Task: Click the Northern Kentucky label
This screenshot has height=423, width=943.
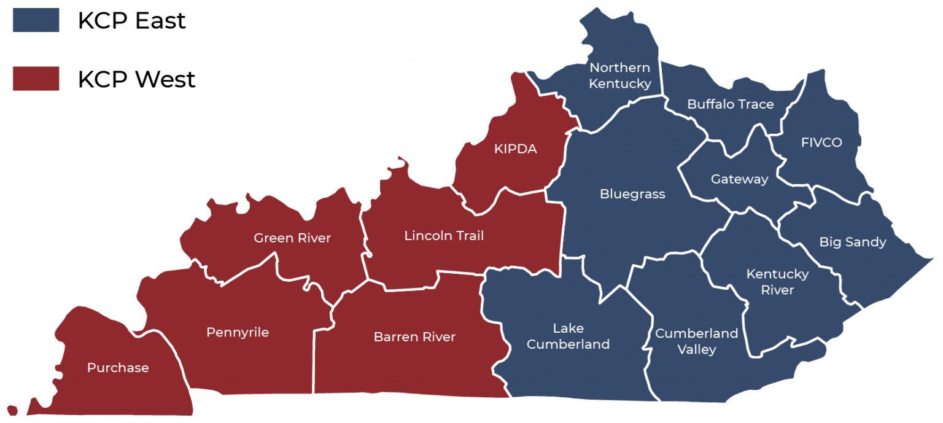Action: pyautogui.click(x=619, y=76)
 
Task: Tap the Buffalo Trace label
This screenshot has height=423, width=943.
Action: pyautogui.click(x=730, y=104)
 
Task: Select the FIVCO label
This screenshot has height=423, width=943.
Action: pyautogui.click(x=821, y=142)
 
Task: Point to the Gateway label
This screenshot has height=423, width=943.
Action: pyautogui.click(x=739, y=179)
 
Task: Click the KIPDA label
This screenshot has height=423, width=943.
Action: pyautogui.click(x=515, y=149)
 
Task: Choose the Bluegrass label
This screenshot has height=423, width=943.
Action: pyautogui.click(x=632, y=194)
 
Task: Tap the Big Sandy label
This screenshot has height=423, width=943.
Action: pyautogui.click(x=853, y=242)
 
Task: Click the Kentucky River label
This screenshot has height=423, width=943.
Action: pyautogui.click(x=777, y=282)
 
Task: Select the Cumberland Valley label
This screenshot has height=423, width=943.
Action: pyautogui.click(x=696, y=341)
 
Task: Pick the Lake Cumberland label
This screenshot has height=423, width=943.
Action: pyautogui.click(x=568, y=336)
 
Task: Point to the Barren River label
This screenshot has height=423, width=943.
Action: pyautogui.click(x=414, y=337)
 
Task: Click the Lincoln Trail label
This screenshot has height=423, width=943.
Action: pyautogui.click(x=444, y=236)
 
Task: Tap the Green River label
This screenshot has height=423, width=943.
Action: pyautogui.click(x=292, y=238)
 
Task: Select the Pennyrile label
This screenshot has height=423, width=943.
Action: pyautogui.click(x=238, y=333)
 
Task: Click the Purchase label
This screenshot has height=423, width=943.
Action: pyautogui.click(x=118, y=368)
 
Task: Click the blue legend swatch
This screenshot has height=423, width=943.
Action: pyautogui.click(x=36, y=20)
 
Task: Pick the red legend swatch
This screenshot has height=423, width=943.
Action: pyautogui.click(x=36, y=79)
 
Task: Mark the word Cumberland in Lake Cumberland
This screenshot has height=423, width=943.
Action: pyautogui.click(x=568, y=344)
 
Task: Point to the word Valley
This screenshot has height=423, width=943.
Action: pyautogui.click(x=696, y=350)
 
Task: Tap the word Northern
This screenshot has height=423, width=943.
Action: pyautogui.click(x=619, y=68)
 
